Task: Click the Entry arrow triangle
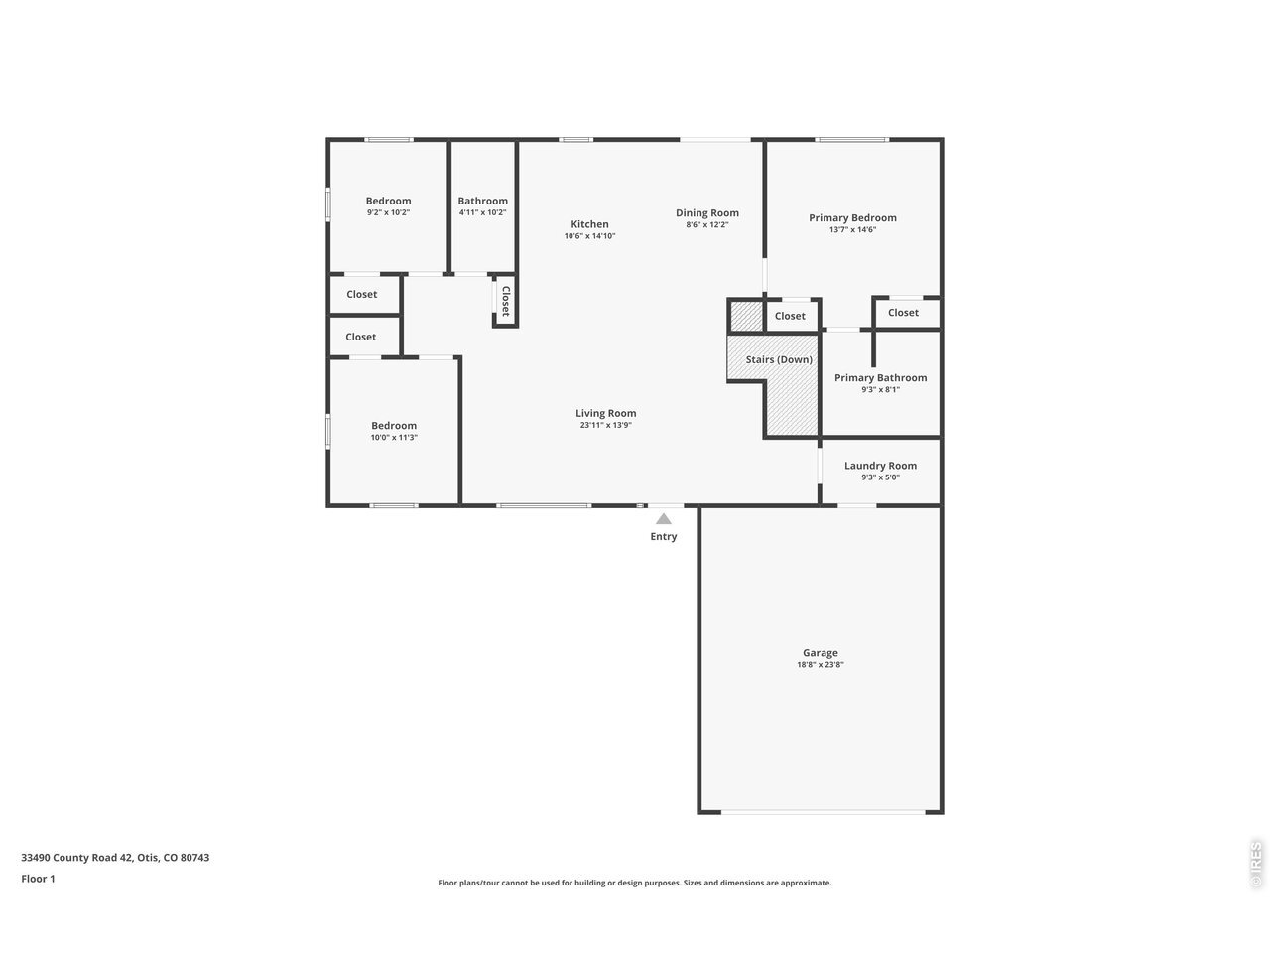tap(663, 519)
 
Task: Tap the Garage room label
tap(820, 652)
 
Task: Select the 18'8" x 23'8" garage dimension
tap(820, 665)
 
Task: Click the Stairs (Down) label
tap(779, 359)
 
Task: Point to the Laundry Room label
tap(880, 466)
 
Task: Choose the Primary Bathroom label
tap(880, 378)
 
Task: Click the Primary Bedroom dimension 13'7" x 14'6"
tap(852, 229)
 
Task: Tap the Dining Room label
tap(707, 212)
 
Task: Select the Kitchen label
tap(589, 224)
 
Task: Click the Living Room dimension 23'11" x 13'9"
tap(606, 425)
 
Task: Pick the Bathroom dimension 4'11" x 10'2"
tap(482, 212)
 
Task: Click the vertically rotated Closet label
tap(506, 301)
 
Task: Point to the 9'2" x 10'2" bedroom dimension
tap(388, 212)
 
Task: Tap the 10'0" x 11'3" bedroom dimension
tap(394, 438)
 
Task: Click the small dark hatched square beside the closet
tap(746, 316)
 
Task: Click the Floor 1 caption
tap(38, 879)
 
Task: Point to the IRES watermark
tap(1255, 865)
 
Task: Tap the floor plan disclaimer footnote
tap(635, 883)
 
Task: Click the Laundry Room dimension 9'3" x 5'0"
tap(880, 477)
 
